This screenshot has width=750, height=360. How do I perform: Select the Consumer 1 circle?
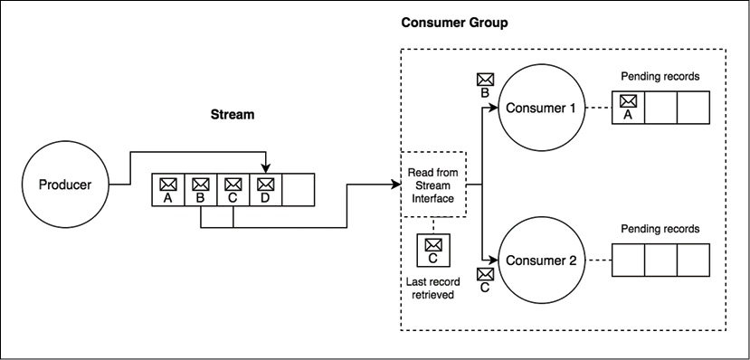541,109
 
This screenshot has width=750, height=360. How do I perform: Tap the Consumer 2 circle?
541,261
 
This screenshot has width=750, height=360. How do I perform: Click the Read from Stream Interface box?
432,184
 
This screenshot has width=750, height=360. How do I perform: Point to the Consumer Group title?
453,22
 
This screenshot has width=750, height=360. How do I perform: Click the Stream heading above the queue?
233,115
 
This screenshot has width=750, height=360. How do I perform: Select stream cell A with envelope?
167,190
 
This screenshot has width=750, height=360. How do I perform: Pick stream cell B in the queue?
200,190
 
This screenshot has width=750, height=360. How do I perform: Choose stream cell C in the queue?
233,190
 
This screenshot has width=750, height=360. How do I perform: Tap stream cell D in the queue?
265,190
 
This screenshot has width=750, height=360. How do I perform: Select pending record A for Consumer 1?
628,108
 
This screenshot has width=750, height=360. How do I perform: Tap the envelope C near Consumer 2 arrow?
485,279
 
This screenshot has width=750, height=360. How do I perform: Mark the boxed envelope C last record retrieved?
432,251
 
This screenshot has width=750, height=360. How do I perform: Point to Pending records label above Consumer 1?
660,77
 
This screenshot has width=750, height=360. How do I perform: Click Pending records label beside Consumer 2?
660,229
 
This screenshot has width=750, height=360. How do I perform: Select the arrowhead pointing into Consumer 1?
495,109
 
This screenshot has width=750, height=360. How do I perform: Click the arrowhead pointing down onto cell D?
265,168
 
